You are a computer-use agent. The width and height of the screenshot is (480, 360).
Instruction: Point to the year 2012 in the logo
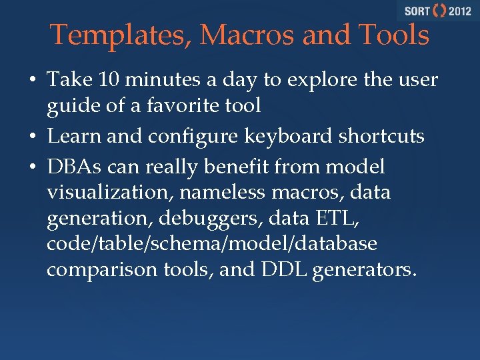[459, 11]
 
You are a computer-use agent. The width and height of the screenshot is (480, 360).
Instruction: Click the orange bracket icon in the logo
[439, 11]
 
